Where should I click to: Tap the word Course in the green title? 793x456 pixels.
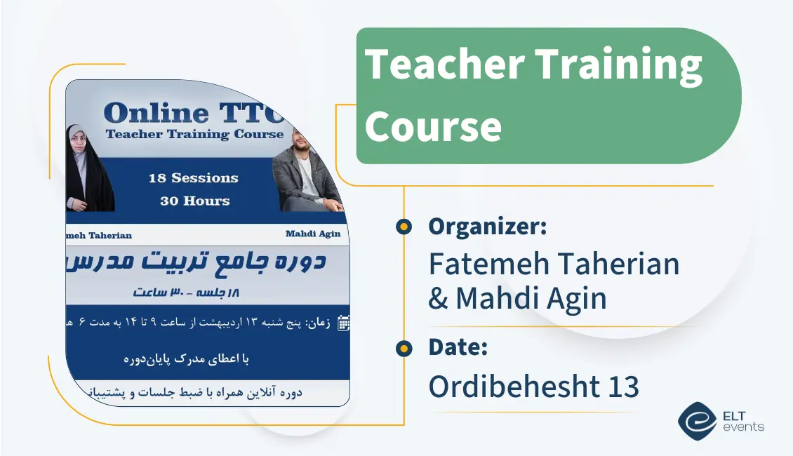(433, 126)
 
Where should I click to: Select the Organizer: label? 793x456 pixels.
(487, 227)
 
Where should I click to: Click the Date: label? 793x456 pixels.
(458, 347)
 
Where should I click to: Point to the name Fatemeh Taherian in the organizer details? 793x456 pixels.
(554, 264)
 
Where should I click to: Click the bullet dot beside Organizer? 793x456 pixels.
(404, 227)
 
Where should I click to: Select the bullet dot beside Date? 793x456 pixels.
(404, 348)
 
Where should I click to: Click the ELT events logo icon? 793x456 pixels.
(697, 420)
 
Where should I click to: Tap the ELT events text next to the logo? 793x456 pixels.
(742, 421)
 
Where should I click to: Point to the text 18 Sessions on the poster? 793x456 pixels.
(193, 178)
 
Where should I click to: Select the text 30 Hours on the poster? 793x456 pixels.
(194, 201)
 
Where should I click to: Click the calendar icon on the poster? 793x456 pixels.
(343, 323)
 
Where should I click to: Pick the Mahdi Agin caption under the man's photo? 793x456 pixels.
(312, 234)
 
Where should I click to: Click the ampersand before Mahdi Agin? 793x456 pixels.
(438, 299)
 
